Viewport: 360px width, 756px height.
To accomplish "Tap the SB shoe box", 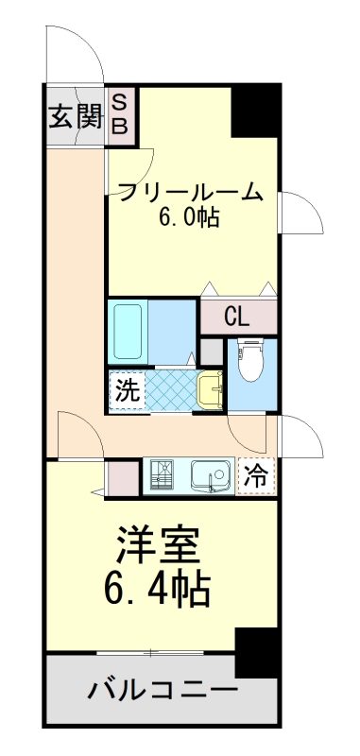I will click(121, 113).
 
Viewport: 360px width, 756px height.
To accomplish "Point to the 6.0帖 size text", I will click(189, 217).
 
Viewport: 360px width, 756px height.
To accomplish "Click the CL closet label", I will click(237, 317).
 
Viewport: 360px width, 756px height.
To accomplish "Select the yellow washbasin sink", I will click(210, 388).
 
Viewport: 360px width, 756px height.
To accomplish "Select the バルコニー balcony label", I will click(163, 689).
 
